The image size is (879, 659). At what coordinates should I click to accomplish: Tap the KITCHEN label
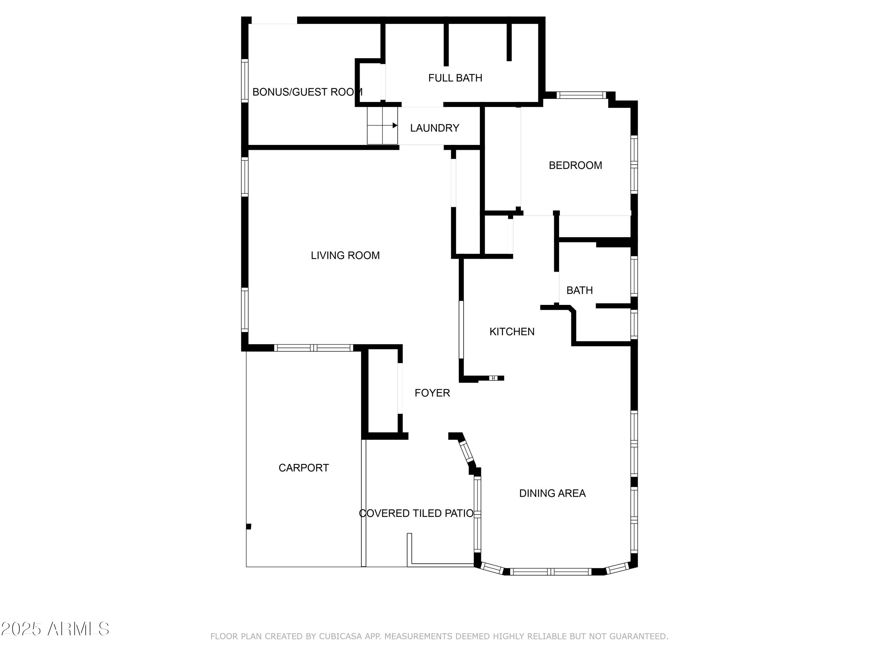coord(512,332)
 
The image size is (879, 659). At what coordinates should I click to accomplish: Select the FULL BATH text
coord(455,78)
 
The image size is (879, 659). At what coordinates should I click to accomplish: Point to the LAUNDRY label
coord(435,128)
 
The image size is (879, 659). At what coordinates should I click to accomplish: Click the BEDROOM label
coord(575,165)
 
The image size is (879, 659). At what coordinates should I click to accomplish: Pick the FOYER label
coord(432,393)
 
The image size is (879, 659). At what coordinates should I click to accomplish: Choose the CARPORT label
coord(304,468)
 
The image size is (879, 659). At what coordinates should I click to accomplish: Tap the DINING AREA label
coord(552,493)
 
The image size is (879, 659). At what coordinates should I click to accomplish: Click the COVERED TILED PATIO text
coord(416,513)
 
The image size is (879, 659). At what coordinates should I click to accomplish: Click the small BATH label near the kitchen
coord(579,290)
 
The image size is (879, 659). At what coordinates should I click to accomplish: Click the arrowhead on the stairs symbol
coord(395,126)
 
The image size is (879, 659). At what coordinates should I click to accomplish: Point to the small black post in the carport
coord(249,527)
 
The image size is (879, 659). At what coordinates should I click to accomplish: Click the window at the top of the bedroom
coord(581,95)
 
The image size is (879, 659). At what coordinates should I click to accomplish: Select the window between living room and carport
coord(314,348)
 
